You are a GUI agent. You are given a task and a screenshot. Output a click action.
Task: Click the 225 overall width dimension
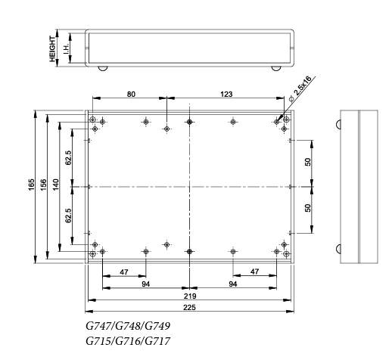[x=189, y=307]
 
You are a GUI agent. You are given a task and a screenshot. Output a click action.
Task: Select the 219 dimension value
[x=190, y=296]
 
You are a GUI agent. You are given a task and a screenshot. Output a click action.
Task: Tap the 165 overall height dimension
[x=31, y=185]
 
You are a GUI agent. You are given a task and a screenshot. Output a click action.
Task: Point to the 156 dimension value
[x=43, y=185]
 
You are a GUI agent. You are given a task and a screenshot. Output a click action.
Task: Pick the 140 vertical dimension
[x=56, y=185]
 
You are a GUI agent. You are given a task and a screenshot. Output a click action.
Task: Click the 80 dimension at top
[x=131, y=94]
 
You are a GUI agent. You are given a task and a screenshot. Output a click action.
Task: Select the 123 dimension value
[x=226, y=94]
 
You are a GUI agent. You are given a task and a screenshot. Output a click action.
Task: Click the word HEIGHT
[x=52, y=49]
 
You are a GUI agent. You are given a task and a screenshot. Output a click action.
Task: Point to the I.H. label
[x=66, y=49]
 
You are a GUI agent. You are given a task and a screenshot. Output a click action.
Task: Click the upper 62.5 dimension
[x=68, y=157]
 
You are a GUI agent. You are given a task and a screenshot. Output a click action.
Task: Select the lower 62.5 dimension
[x=68, y=216]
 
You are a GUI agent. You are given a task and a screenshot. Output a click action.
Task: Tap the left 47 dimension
[x=124, y=272]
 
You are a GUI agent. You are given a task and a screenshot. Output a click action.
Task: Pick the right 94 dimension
[x=233, y=284]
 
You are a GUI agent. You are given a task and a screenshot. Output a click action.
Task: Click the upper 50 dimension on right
[x=308, y=162]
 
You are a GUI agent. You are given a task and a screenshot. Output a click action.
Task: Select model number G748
[x=128, y=326]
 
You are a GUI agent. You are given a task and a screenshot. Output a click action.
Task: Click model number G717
[x=158, y=341]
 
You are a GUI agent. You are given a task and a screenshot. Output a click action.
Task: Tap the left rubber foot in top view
[x=103, y=68]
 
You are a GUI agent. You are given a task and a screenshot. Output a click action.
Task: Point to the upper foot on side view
[x=338, y=125]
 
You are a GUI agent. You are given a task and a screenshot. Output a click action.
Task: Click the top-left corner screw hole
[x=93, y=119]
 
